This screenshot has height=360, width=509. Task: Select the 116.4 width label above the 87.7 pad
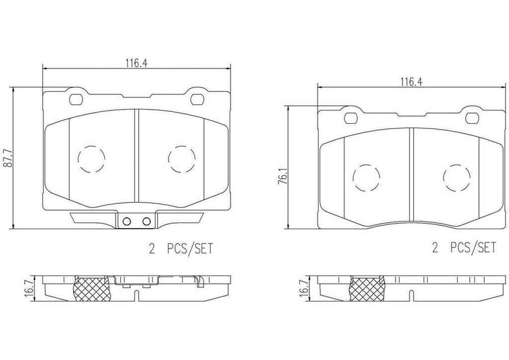click(x=136, y=63)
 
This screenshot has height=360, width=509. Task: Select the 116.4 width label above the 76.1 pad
click(x=410, y=83)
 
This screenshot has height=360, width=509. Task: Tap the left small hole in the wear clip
click(x=126, y=222)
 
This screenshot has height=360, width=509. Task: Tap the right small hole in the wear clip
click(x=146, y=222)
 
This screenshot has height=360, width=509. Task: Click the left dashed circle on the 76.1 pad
click(x=366, y=178)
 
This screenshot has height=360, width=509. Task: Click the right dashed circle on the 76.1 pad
click(x=456, y=178)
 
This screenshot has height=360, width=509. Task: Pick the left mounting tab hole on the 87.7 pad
click(x=77, y=99)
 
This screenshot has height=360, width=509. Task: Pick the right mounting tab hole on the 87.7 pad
click(x=195, y=99)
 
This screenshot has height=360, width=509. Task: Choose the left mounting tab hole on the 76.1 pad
click(x=351, y=118)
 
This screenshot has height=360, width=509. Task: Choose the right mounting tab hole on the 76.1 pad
click(x=470, y=118)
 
